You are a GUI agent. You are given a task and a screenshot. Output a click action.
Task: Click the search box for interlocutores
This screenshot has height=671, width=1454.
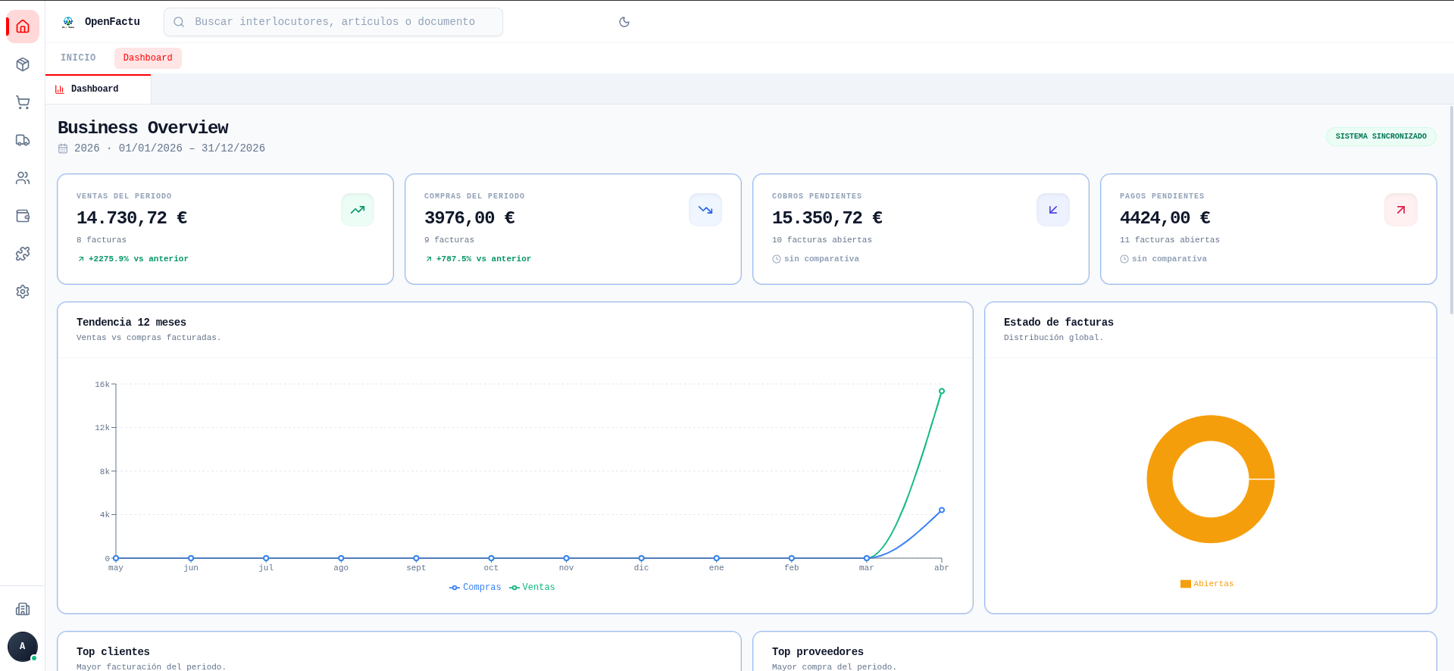(333, 22)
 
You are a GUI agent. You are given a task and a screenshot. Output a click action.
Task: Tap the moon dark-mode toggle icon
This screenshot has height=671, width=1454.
(624, 22)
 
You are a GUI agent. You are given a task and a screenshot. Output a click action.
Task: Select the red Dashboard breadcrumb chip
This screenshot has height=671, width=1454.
(148, 58)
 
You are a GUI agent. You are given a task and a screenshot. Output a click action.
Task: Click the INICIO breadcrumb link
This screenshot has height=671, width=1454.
(78, 58)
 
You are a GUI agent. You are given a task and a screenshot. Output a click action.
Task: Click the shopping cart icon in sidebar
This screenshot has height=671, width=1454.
(23, 102)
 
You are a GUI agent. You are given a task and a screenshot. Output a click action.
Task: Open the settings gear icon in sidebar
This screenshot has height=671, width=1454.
(23, 292)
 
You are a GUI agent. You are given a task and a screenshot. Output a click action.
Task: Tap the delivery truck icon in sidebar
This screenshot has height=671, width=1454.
(23, 140)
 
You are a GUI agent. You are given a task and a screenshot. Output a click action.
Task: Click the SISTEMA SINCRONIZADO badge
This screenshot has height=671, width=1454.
(1381, 136)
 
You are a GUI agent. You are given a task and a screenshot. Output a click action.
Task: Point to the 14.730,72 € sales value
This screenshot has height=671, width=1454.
(132, 218)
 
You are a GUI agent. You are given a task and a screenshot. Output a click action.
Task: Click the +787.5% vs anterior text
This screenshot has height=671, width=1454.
(483, 259)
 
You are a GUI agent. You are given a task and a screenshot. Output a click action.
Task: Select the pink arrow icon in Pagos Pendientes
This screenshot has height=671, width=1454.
(1400, 210)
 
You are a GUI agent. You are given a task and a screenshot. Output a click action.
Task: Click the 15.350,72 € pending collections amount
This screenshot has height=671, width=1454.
(827, 218)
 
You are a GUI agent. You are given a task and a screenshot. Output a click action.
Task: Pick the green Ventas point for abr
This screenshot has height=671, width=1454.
(942, 392)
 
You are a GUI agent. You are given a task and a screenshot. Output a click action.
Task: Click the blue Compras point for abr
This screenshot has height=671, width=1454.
(942, 510)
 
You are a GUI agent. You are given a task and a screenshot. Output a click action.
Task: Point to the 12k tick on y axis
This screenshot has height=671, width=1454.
(102, 428)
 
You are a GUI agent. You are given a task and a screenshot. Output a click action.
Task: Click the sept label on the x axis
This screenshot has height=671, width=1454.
(416, 568)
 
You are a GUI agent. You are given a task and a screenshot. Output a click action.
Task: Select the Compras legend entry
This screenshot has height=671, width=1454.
(475, 588)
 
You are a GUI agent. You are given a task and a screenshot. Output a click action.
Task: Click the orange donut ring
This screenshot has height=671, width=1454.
(1159, 479)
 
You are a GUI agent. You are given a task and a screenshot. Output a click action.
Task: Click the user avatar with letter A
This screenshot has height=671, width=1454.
(22, 646)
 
